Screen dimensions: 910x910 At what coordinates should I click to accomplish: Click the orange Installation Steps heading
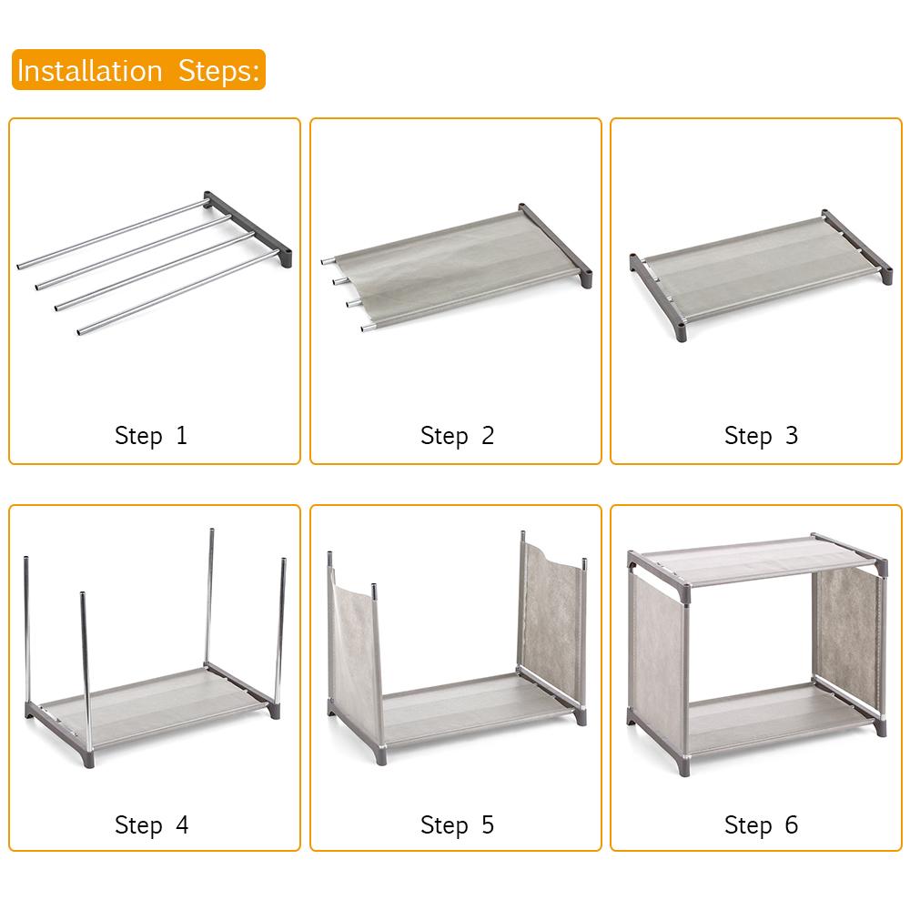[x=138, y=70]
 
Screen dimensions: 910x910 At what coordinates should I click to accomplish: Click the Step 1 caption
[x=151, y=435]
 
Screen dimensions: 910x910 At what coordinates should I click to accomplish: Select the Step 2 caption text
[x=457, y=435]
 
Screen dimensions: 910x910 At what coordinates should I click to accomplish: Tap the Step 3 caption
[x=761, y=435]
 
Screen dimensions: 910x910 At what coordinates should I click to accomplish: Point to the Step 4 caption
[x=151, y=825]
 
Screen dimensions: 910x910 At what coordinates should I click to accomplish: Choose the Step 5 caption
[x=457, y=825]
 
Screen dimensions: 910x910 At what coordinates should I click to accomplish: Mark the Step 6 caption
[x=761, y=825]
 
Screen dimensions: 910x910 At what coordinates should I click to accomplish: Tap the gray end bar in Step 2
[x=555, y=241]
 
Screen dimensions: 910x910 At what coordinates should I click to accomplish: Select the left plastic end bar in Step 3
[x=659, y=300]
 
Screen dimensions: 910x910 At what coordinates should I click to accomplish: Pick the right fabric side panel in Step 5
[x=551, y=619]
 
